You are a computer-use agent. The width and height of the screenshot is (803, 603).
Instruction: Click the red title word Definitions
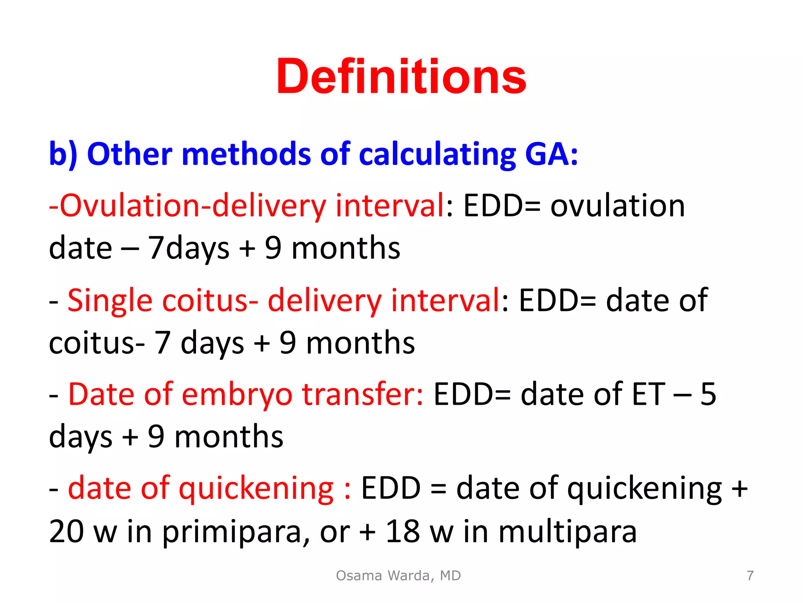pos(401,77)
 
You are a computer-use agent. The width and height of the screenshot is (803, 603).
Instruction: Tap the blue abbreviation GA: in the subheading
pos(551,154)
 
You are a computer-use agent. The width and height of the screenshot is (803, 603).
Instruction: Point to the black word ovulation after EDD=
pos(618,206)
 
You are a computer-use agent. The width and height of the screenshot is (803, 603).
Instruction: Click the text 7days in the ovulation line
pos(188,248)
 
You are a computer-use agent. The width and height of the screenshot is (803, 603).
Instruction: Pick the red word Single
pos(110,300)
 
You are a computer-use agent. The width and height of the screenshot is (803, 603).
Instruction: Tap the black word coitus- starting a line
pos(96,343)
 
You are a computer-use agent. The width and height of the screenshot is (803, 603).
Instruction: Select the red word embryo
pos(237,394)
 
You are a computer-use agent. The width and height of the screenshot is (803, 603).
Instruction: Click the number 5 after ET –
pos(708,394)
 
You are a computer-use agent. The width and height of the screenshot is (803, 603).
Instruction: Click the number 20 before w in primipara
pos(67,532)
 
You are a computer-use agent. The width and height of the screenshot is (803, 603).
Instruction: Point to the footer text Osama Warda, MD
pos(398,576)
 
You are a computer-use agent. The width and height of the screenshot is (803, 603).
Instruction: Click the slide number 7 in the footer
pos(750,576)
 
